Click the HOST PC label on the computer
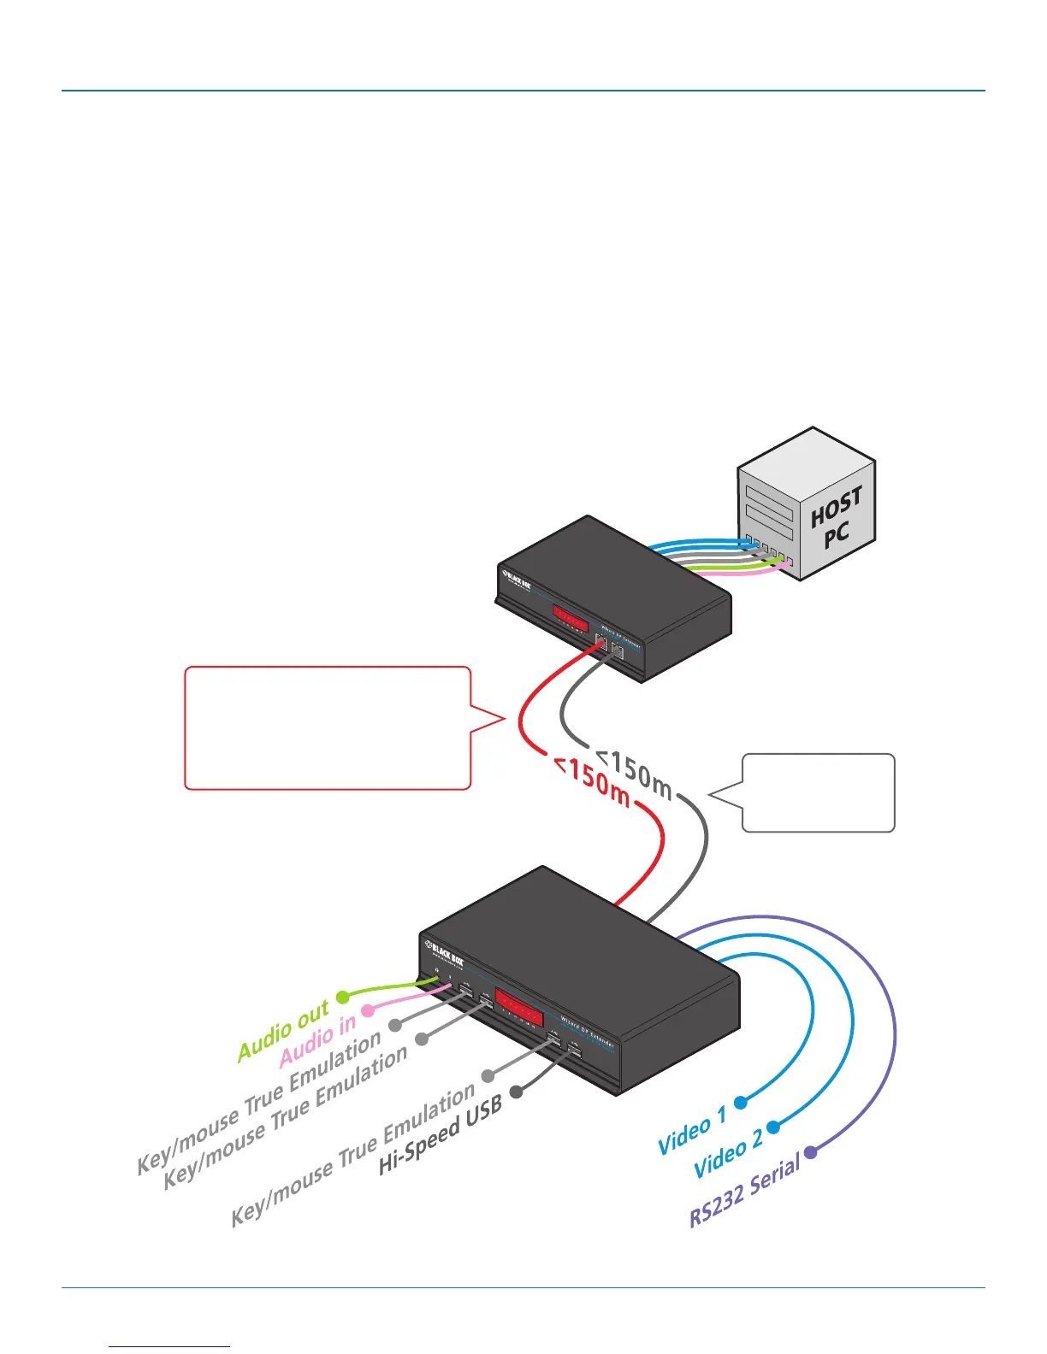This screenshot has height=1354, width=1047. pos(837,518)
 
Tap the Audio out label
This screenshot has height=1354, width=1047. pos(283,1032)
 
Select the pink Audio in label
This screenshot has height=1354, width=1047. pos(317,1041)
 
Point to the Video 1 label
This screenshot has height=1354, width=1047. pos(691,1130)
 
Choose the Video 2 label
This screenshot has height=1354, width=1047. pos(727,1154)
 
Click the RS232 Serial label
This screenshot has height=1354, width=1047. pos(744,1190)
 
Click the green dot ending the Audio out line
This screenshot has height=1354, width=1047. pos(342,997)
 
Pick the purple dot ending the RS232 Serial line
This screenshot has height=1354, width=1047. pos(810,1152)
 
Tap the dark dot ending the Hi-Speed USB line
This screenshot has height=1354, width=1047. pos(516,1092)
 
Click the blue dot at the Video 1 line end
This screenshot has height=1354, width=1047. pos(741,1103)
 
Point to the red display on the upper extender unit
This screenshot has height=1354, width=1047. pos(570,616)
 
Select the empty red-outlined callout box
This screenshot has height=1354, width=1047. pos(328,727)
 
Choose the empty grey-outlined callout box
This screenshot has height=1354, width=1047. pos(818,792)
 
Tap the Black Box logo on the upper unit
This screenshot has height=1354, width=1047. pos(517,580)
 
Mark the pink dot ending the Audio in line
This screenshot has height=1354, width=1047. pos(368,1010)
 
